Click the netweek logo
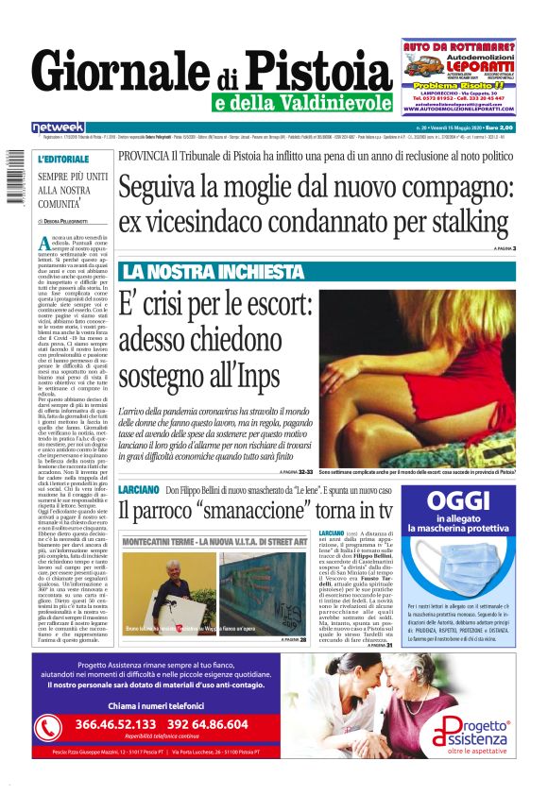tap(58, 127)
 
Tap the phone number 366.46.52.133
tap(118, 724)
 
